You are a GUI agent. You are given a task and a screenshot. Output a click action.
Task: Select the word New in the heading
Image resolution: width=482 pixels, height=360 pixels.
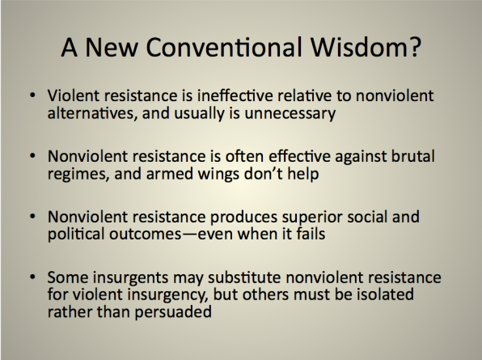click(112, 47)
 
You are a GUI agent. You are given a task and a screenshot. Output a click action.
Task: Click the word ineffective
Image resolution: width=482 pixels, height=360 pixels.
click(235, 95)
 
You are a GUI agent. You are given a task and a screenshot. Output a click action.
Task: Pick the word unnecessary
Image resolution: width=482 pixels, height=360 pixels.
click(290, 114)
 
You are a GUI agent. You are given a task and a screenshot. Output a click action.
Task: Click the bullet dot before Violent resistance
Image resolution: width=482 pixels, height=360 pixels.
click(32, 95)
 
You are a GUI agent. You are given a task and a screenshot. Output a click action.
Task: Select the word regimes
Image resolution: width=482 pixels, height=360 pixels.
click(78, 174)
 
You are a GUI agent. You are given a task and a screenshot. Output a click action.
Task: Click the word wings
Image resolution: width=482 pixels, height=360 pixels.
click(218, 174)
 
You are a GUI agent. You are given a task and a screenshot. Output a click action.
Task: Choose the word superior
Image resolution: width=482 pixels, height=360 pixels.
click(312, 217)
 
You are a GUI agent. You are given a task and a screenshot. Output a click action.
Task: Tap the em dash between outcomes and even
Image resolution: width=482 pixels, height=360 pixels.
click(189, 235)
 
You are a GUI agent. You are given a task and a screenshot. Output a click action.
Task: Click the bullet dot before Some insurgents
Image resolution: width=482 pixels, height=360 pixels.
click(32, 277)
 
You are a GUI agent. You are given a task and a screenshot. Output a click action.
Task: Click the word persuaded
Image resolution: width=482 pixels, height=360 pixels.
click(173, 312)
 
